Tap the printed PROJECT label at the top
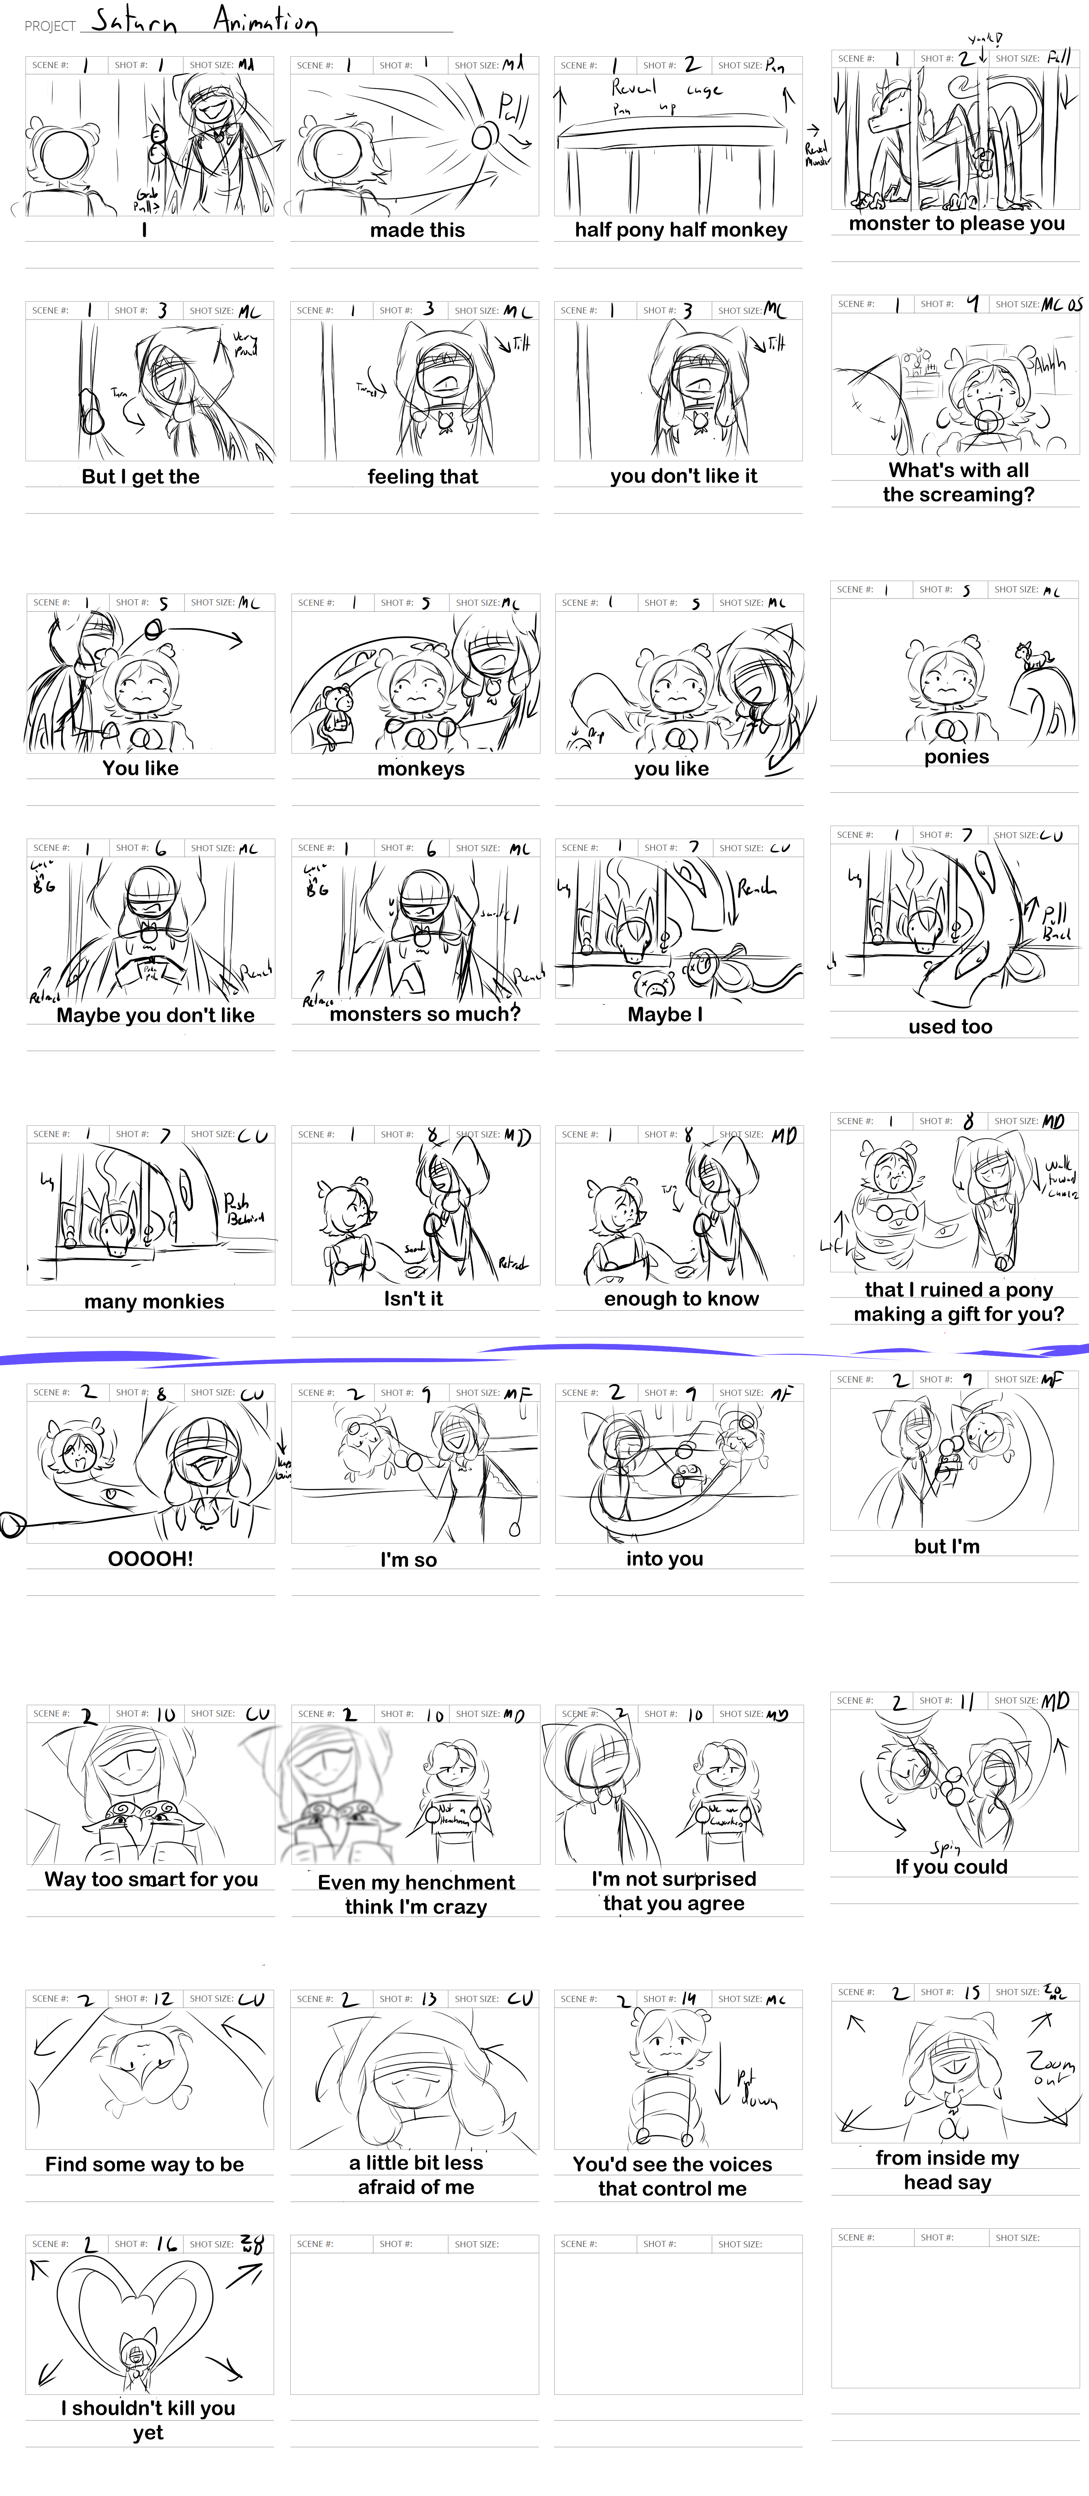(x=49, y=26)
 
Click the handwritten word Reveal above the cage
(x=634, y=87)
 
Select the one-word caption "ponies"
(x=956, y=757)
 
